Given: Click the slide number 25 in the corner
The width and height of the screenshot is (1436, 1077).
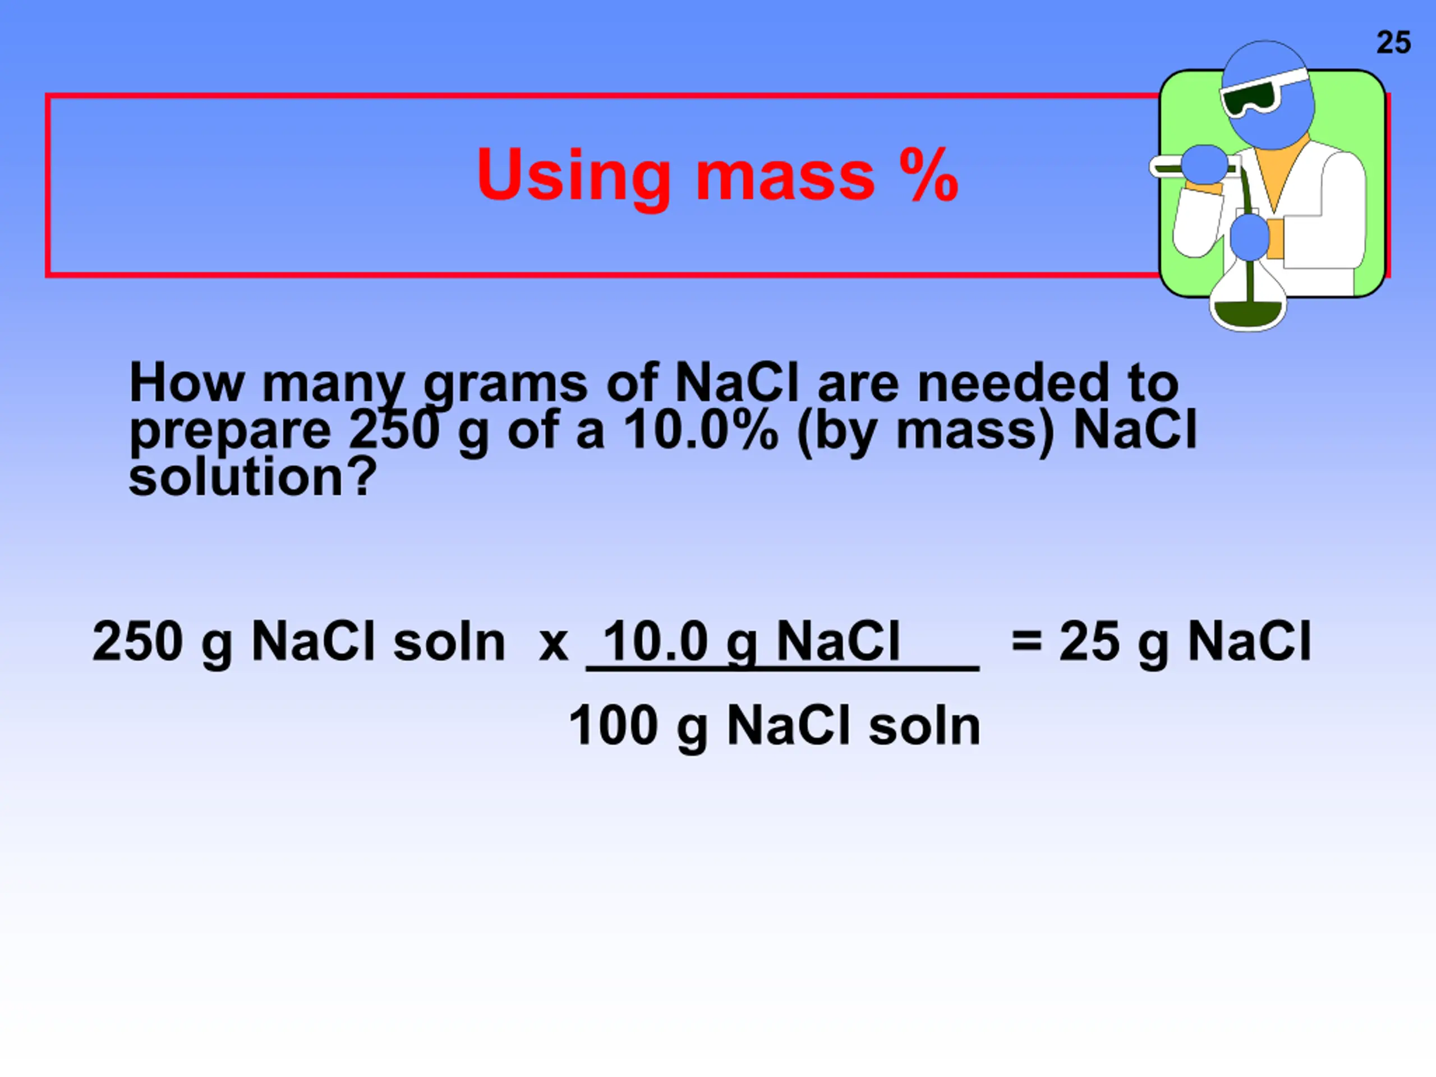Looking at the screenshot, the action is click(1393, 43).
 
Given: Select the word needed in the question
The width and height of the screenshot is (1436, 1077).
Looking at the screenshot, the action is click(1012, 383).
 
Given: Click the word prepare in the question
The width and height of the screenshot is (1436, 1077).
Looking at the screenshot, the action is click(230, 434).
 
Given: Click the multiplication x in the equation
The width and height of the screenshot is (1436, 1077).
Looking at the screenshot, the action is click(553, 645).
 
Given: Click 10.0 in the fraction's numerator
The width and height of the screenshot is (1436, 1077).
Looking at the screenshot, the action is click(655, 641).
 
